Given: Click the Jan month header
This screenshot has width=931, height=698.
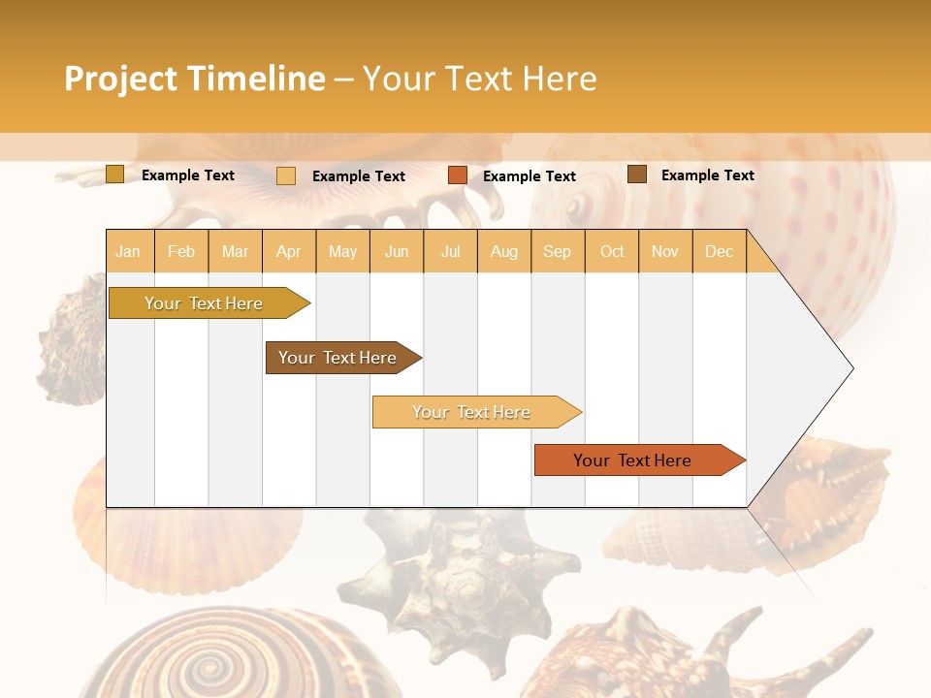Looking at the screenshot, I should pyautogui.click(x=128, y=251).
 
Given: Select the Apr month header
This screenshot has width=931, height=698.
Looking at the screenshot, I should pyautogui.click(x=289, y=251).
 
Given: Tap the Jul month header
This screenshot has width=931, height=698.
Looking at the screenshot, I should pyautogui.click(x=450, y=251).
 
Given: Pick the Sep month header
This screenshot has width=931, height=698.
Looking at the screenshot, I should pyautogui.click(x=557, y=251).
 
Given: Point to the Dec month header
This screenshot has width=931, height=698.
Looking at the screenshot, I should pyautogui.click(x=719, y=251).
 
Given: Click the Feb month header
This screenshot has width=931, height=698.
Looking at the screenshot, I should pyautogui.click(x=181, y=251).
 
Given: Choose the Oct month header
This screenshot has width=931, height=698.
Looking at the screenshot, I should pyautogui.click(x=612, y=251).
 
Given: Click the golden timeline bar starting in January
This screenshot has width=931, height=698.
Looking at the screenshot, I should pyautogui.click(x=204, y=303).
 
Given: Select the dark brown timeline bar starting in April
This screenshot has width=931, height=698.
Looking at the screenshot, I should pyautogui.click(x=337, y=358).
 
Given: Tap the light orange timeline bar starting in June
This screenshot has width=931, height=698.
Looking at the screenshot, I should pyautogui.click(x=471, y=412).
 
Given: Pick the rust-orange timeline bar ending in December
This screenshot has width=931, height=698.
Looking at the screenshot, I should pyautogui.click(x=632, y=460).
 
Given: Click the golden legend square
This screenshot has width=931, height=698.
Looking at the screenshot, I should pyautogui.click(x=114, y=174).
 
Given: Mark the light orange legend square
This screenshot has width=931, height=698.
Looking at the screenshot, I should pyautogui.click(x=286, y=175).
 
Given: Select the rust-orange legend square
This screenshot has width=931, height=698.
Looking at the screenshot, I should pyautogui.click(x=458, y=175).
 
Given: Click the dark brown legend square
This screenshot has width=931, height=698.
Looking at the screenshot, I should pyautogui.click(x=637, y=174).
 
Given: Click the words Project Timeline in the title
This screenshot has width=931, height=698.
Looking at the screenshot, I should pyautogui.click(x=195, y=79).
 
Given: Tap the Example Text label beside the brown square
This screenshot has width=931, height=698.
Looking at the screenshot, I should pyautogui.click(x=707, y=175).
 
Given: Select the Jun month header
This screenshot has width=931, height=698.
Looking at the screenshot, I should pyautogui.click(x=397, y=251).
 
